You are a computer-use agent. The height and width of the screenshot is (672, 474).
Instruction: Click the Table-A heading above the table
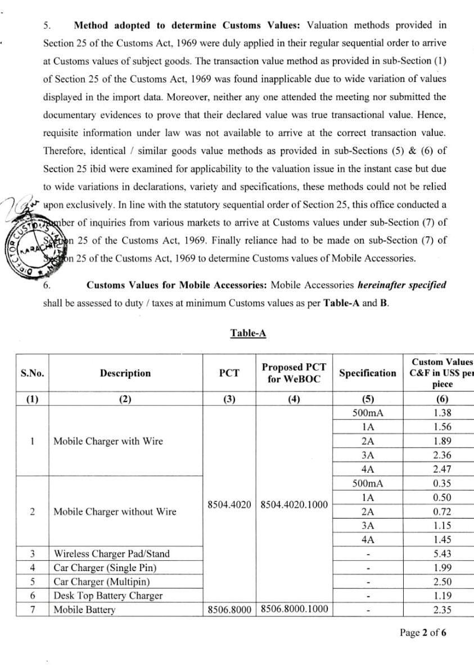pyautogui.click(x=248, y=333)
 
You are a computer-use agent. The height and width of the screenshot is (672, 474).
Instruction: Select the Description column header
pyautogui.click(x=125, y=373)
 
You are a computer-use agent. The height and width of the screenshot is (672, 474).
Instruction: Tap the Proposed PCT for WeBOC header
pyautogui.click(x=294, y=373)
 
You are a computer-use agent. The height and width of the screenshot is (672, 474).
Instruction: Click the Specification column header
pyautogui.click(x=367, y=373)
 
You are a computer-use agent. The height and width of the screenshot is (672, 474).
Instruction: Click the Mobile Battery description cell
pyautogui.click(x=84, y=610)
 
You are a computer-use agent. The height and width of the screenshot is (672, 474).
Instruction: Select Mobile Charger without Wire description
pyautogui.click(x=115, y=511)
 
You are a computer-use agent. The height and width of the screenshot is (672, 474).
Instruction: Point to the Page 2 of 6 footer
pyautogui.click(x=423, y=633)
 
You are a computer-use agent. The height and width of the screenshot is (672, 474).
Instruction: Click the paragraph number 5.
pyautogui.click(x=47, y=25)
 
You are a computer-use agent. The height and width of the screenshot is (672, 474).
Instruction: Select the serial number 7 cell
pyautogui.click(x=33, y=610)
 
